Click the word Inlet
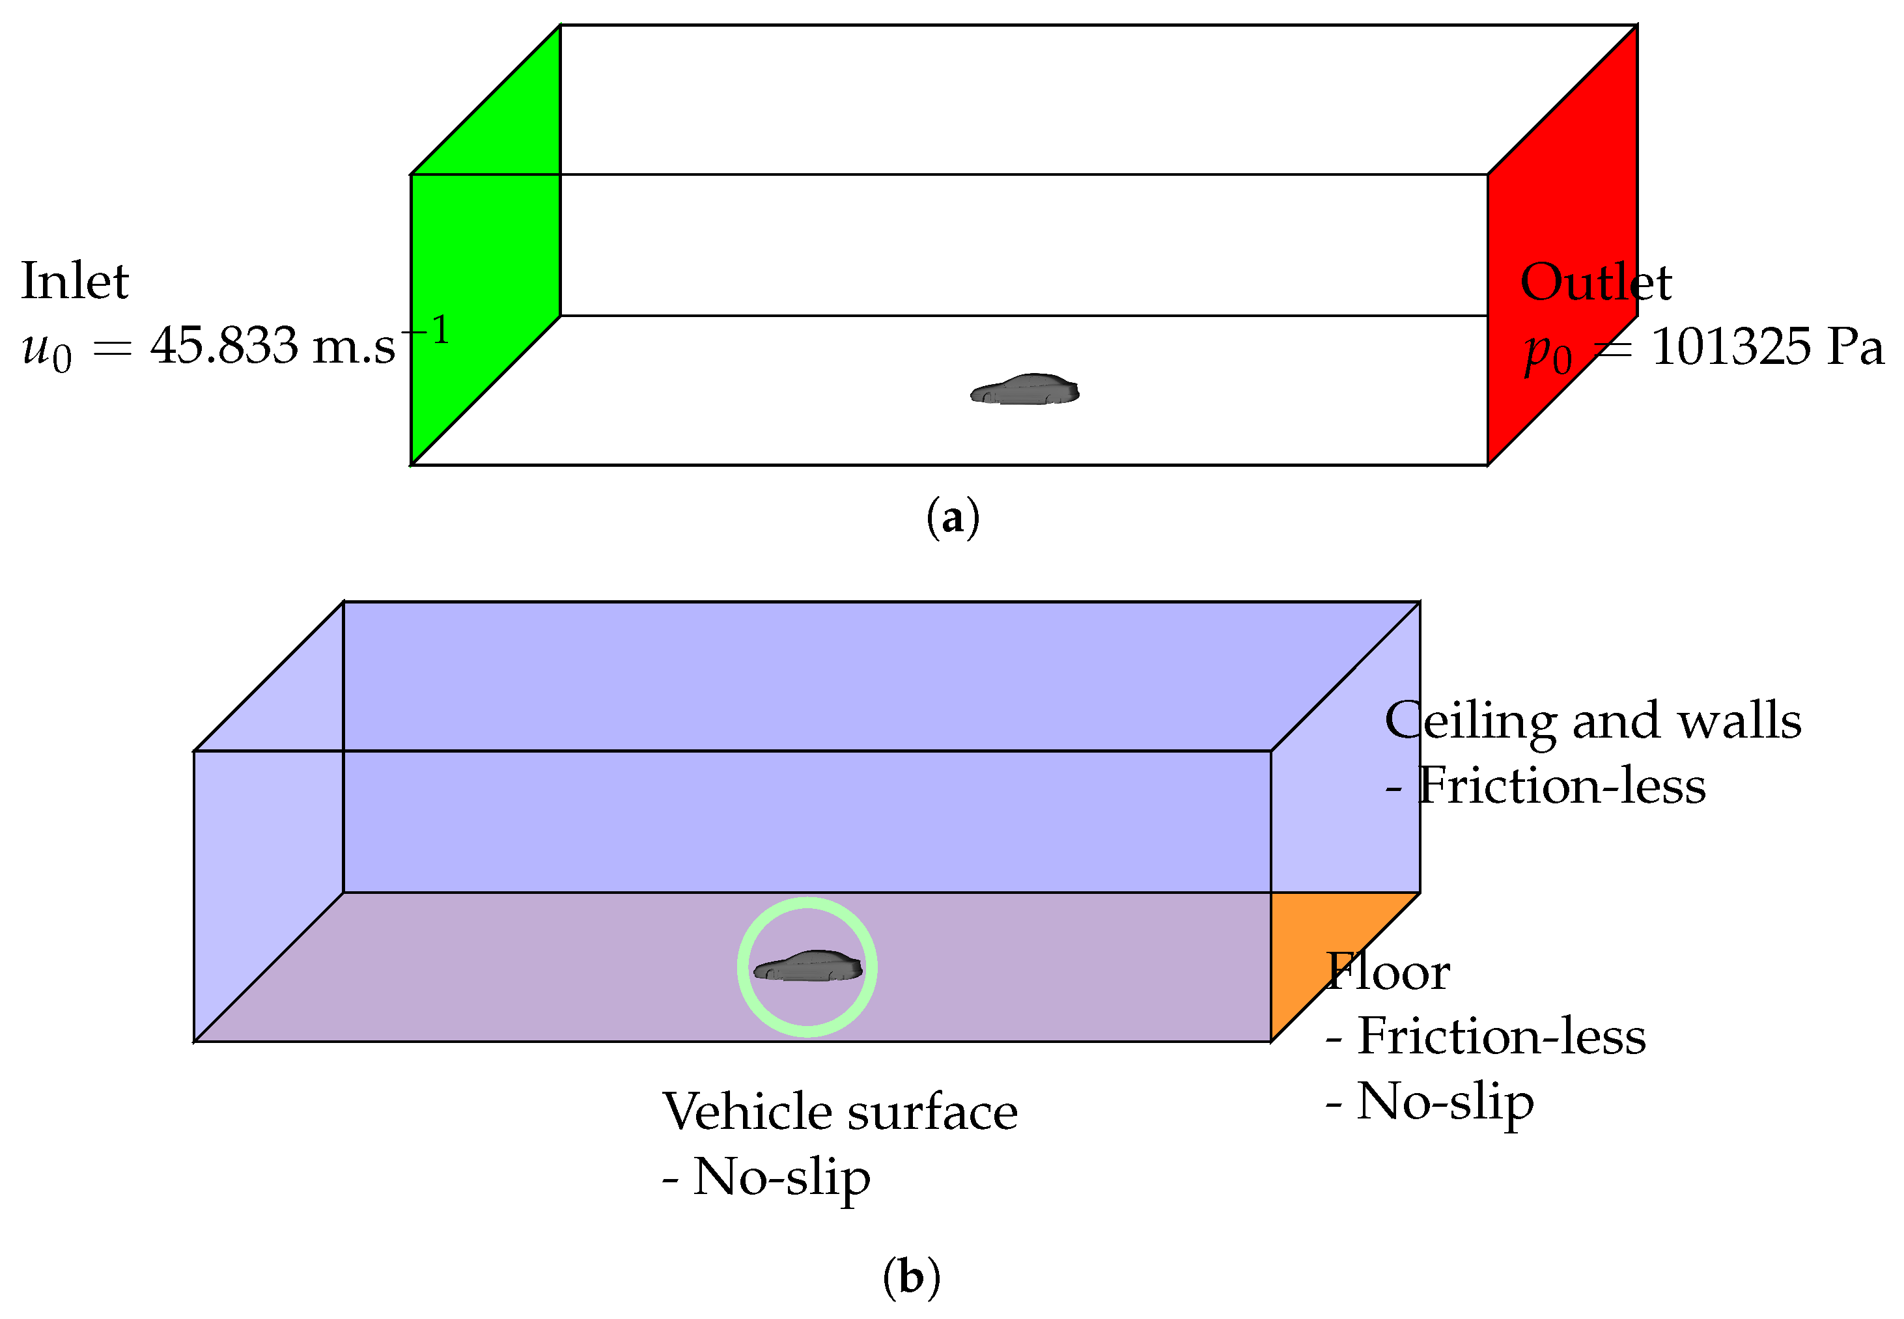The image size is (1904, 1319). pos(74,281)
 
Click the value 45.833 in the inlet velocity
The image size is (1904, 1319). pos(223,346)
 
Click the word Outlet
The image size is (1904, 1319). pos(1595,283)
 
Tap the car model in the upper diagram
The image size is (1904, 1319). pos(1025,390)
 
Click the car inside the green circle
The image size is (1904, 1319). pos(808,966)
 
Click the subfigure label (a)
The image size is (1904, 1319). pos(953,518)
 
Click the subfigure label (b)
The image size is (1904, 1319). pos(911,1278)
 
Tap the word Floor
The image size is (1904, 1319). pos(1388,972)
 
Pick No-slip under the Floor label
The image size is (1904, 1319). pos(1444,1102)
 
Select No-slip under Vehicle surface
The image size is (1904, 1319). pos(781,1177)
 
